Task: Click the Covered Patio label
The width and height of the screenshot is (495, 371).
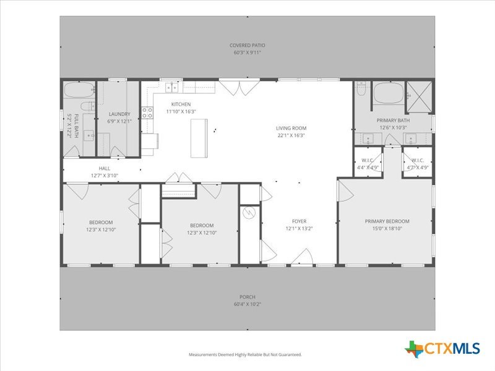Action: tap(247, 45)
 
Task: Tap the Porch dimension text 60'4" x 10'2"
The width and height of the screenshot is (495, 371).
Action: tap(247, 304)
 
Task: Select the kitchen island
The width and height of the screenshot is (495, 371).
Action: tap(199, 138)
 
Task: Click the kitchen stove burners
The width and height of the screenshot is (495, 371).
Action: tap(147, 113)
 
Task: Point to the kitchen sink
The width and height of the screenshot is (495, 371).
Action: tap(172, 87)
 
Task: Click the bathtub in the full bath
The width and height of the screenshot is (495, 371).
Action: tap(79, 90)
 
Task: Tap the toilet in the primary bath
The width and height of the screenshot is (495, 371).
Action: tap(361, 88)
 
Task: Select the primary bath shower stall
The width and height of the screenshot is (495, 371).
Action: tap(419, 97)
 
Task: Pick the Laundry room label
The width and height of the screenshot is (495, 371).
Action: tap(119, 114)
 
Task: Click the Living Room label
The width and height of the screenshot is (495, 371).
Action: tap(291, 128)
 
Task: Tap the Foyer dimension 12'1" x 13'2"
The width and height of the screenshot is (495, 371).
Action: tap(299, 228)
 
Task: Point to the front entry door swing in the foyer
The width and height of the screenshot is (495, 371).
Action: tap(302, 256)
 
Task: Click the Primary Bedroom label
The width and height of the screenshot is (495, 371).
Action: tap(387, 221)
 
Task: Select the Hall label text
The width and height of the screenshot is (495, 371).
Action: tap(105, 168)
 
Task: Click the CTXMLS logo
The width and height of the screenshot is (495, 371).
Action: tap(442, 349)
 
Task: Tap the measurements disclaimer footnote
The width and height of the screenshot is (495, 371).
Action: tap(245, 354)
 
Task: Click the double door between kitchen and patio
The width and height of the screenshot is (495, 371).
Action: tap(240, 88)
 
